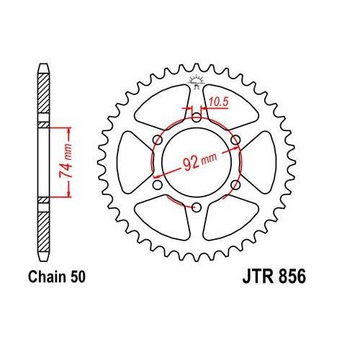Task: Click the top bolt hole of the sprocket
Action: [196, 117]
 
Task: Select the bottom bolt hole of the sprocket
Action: [196, 208]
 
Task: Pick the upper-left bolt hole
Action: [157, 140]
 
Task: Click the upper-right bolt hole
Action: [235, 140]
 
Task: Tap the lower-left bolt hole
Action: [157, 186]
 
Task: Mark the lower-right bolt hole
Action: [235, 186]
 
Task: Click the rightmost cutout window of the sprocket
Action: [264, 163]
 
